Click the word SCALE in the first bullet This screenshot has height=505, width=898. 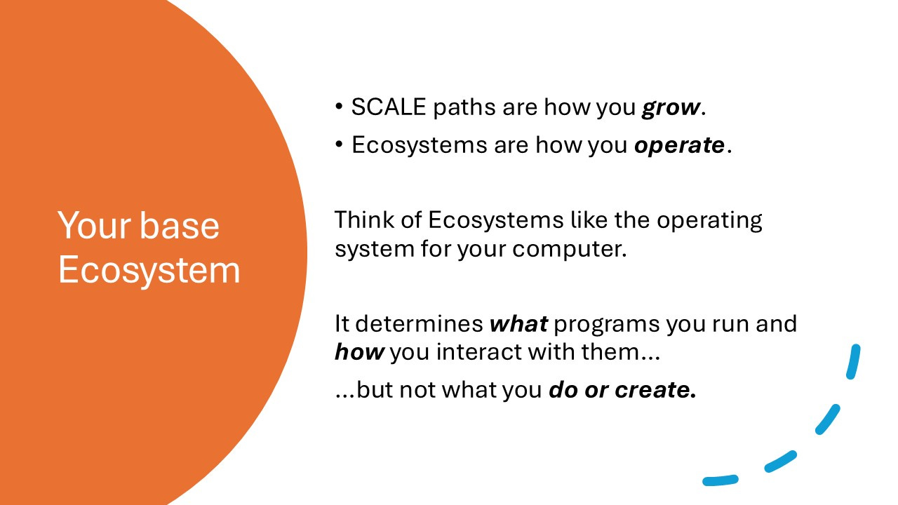click(x=388, y=107)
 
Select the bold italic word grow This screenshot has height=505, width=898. click(x=671, y=108)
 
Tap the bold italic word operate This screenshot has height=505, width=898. click(x=680, y=145)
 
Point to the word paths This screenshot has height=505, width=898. click(x=464, y=108)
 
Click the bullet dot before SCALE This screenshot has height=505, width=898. click(x=339, y=107)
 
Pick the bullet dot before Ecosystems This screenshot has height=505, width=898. click(x=339, y=144)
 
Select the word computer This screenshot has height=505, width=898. click(x=569, y=249)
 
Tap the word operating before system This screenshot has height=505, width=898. click(x=709, y=221)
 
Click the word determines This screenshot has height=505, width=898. click(x=420, y=323)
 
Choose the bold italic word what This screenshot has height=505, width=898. click(x=518, y=323)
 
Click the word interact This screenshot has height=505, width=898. click(x=478, y=352)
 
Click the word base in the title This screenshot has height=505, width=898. click(x=180, y=225)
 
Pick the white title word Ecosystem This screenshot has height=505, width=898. click(x=149, y=270)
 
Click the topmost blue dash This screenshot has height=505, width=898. click(x=853, y=361)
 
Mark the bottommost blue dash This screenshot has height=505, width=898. click(x=721, y=480)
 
